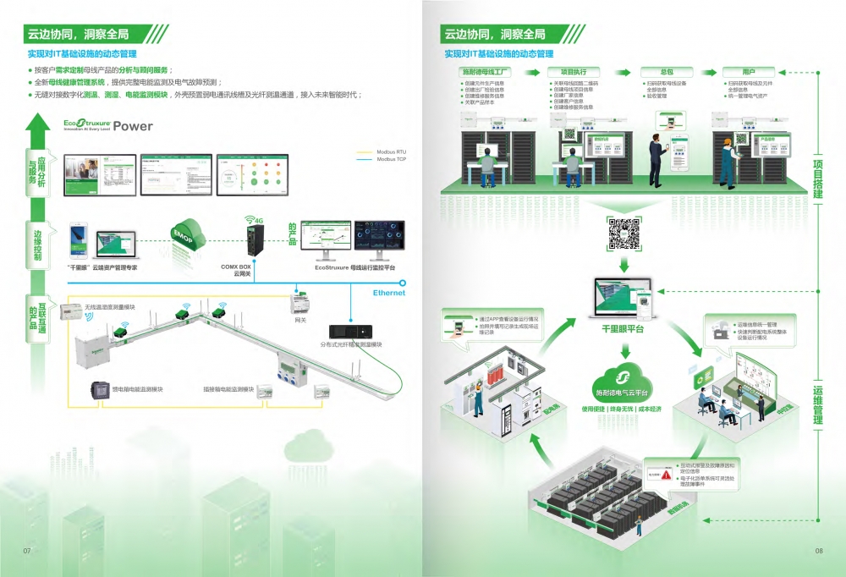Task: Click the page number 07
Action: [27, 552]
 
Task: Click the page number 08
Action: [819, 552]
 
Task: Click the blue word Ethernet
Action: [389, 293]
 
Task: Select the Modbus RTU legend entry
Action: [392, 152]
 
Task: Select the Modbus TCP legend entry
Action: [392, 159]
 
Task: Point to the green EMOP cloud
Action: [185, 235]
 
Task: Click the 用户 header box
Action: [749, 72]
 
